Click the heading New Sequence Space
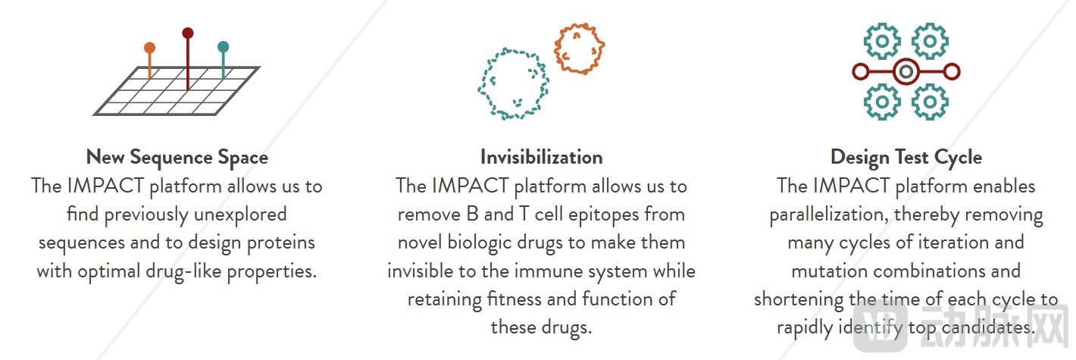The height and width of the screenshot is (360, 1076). coord(177,158)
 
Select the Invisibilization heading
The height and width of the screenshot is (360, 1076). coord(541,157)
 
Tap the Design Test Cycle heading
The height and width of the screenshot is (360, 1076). coord(906,158)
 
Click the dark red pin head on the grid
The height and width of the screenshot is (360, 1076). coord(188,33)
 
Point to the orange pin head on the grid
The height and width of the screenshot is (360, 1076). coord(150,48)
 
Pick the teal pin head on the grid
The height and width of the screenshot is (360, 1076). coord(223,47)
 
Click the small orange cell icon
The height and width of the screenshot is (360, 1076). coord(580,49)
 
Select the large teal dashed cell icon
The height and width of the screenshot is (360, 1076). coord(513,83)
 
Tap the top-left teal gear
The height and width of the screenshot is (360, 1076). coord(882,42)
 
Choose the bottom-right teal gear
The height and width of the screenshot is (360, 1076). coord(930,102)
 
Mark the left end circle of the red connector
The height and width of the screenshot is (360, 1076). coord(861,71)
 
